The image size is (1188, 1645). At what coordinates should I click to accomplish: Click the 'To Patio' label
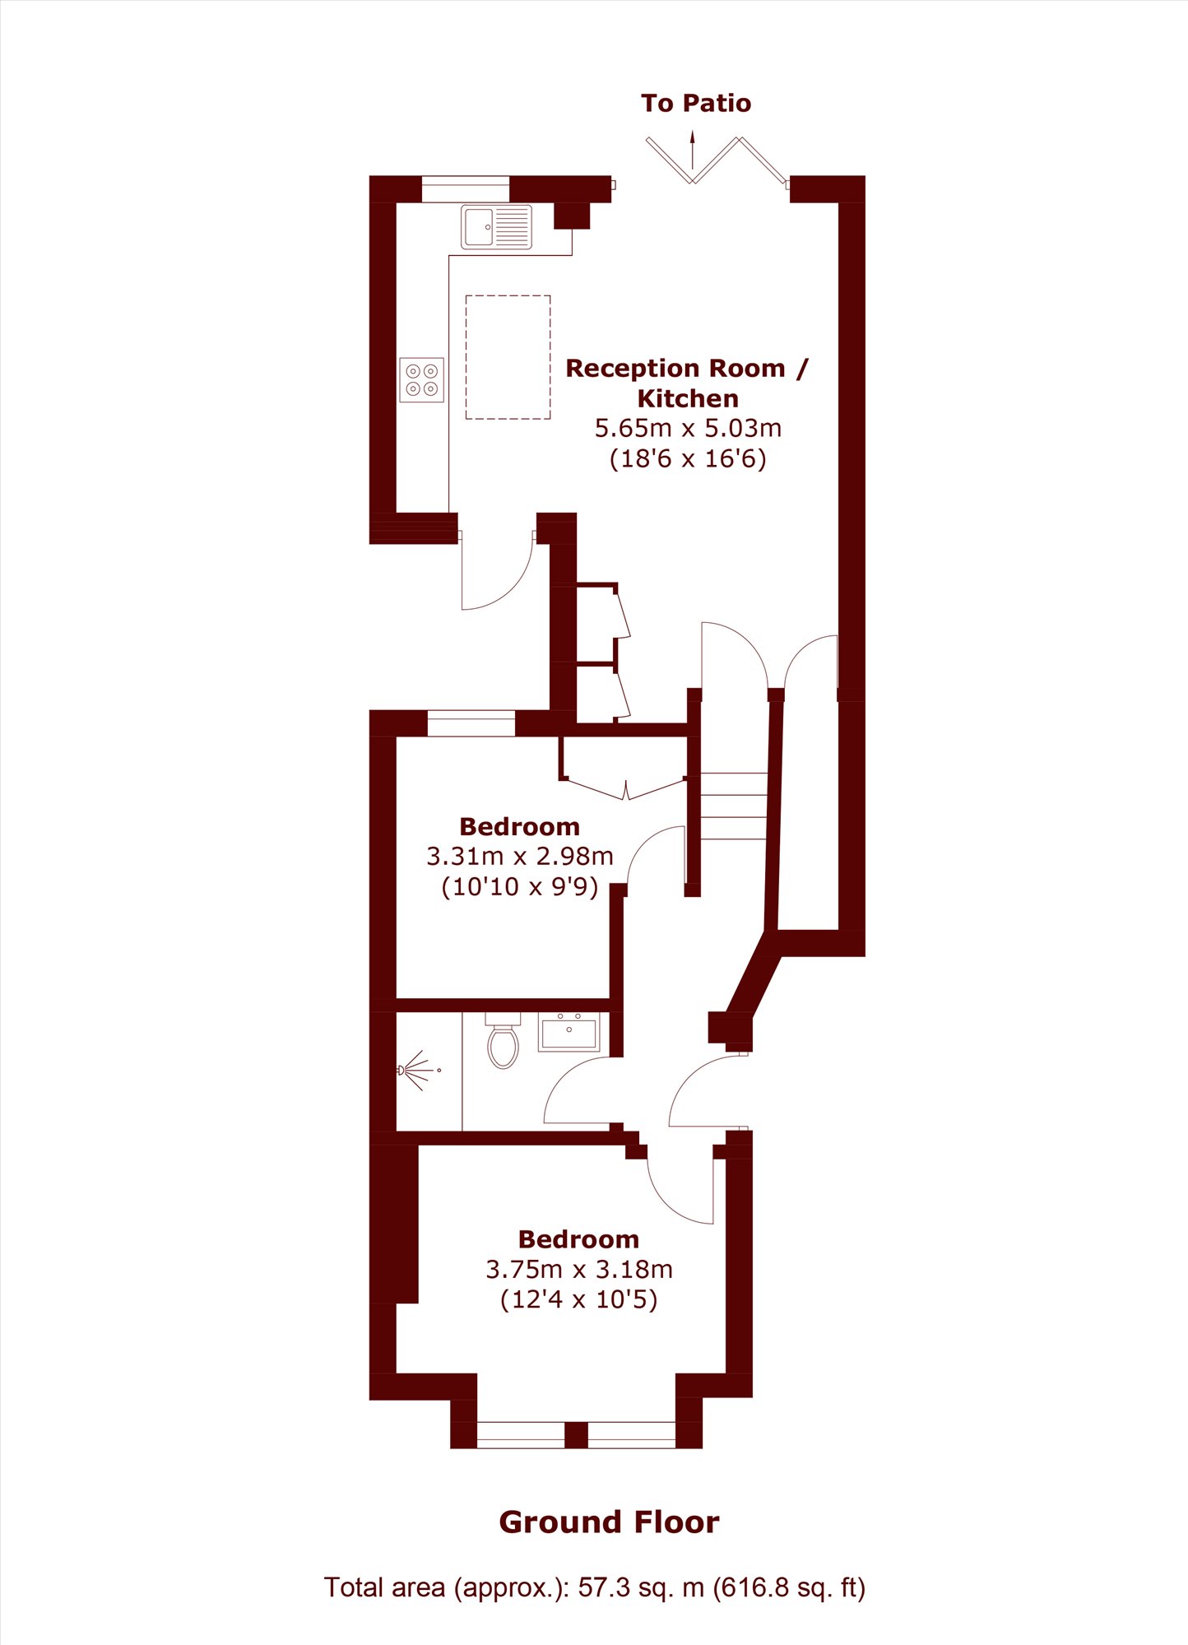point(696,103)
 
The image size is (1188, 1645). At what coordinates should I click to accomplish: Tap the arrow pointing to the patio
point(693,149)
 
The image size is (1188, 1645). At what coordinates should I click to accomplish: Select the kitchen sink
point(496,226)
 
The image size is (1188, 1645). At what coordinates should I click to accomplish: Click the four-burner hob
point(422,379)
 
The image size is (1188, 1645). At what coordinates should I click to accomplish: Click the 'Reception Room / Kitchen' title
point(687,383)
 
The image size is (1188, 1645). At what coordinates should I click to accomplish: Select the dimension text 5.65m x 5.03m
point(688,428)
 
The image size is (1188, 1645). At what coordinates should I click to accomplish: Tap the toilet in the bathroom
point(503,1040)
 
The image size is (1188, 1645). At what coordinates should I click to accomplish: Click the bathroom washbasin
point(569,1031)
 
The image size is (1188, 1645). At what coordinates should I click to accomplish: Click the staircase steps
point(734,806)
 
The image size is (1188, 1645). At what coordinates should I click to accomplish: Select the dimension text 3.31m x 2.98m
point(520,856)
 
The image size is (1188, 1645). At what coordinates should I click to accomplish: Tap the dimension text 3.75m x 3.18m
point(579,1269)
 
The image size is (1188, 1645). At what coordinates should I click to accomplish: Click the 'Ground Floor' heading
point(610,1522)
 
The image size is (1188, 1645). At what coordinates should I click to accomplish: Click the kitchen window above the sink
point(466,189)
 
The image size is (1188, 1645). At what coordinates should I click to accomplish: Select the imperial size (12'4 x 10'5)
point(579,1299)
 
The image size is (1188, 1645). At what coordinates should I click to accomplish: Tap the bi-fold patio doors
point(717,160)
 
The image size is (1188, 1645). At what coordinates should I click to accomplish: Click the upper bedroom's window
point(471,723)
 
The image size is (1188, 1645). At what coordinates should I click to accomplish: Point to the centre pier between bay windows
point(576,1434)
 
